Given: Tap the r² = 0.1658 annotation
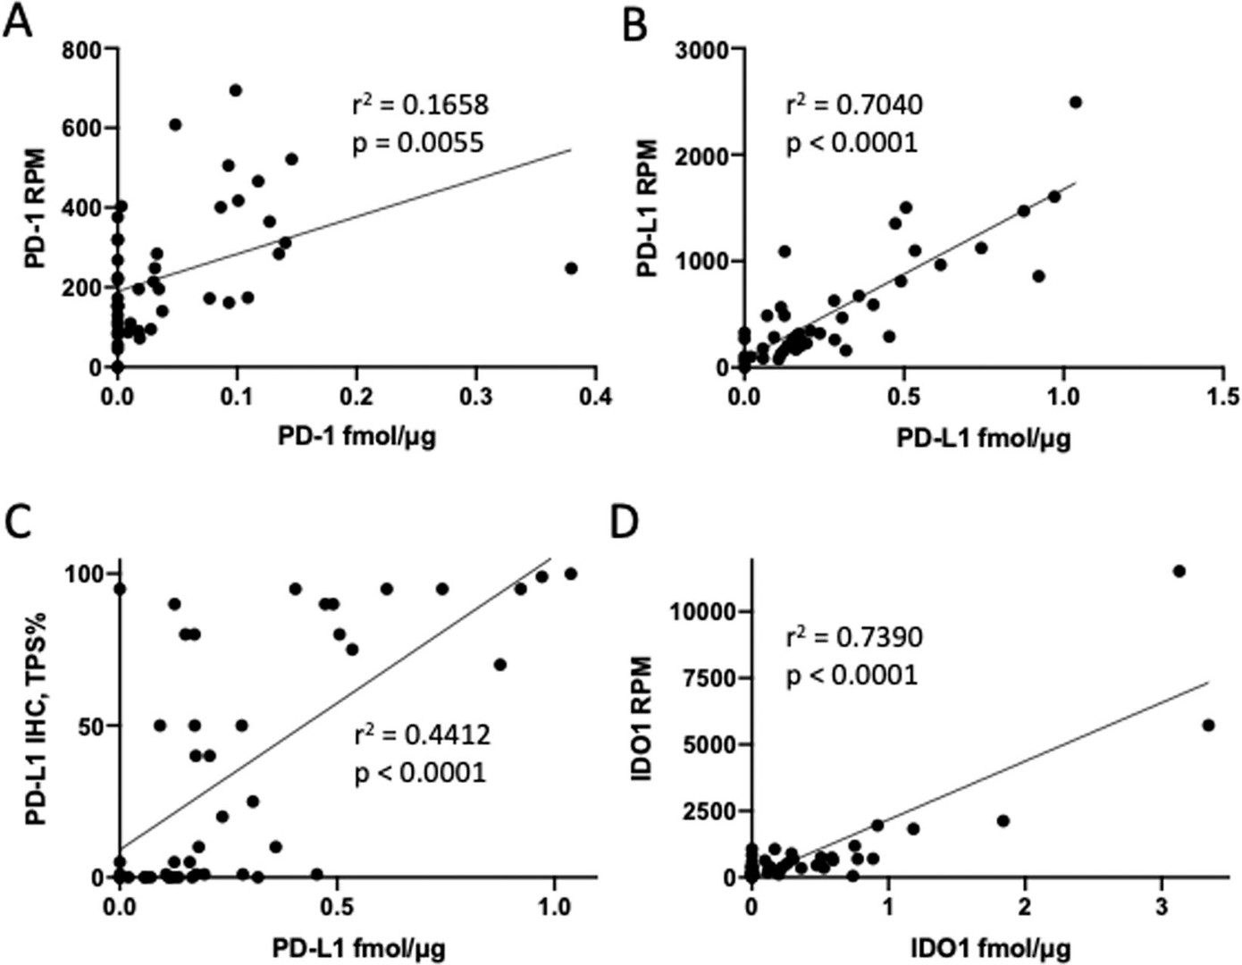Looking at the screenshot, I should click(420, 105).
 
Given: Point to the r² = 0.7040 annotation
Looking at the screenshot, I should click(854, 105).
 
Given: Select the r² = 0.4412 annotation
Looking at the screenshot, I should click(423, 734).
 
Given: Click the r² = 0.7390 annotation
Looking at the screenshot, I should click(854, 636).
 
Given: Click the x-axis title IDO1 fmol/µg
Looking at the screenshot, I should click(990, 947).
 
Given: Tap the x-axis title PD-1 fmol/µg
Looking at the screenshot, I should click(357, 437).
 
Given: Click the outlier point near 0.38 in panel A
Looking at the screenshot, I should click(571, 268).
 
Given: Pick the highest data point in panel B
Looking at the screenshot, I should click(1076, 103).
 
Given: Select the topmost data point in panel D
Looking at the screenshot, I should click(1179, 571).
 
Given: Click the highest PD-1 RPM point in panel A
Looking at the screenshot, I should click(236, 90).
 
